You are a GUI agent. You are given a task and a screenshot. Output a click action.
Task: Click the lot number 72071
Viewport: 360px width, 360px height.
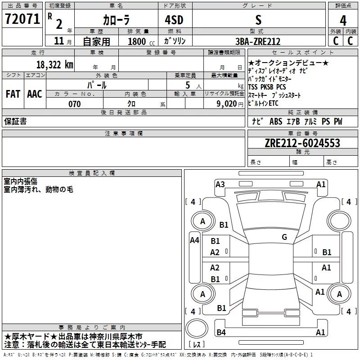click(22, 18)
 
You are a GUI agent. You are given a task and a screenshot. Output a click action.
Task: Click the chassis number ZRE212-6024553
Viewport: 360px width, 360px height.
click(302, 144)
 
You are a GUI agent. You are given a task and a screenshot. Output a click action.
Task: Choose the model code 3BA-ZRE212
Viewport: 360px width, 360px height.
click(257, 41)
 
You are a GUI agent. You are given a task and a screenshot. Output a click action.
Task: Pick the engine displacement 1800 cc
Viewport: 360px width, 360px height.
click(137, 41)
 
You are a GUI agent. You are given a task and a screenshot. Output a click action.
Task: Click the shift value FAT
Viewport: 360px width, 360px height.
click(13, 94)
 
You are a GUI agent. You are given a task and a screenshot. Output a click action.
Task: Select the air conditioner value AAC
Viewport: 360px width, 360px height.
click(34, 94)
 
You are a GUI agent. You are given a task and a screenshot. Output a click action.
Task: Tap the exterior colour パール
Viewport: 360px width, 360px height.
click(97, 85)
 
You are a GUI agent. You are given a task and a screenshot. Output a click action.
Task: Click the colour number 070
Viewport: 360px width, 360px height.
click(75, 104)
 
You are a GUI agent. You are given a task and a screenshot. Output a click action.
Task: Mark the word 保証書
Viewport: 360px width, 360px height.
click(15, 121)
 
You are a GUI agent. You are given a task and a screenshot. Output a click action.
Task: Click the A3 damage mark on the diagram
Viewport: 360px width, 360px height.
click(220, 184)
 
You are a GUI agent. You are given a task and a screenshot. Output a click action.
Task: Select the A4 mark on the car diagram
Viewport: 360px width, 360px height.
click(194, 240)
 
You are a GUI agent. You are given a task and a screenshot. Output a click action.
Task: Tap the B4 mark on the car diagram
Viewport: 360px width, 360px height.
click(221, 333)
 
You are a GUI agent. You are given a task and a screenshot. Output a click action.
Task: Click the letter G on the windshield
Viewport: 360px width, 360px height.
click(284, 237)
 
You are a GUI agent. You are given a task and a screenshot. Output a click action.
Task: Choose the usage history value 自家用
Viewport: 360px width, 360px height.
click(96, 41)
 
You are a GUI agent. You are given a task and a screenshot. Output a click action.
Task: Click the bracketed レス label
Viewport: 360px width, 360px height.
click(197, 345)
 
